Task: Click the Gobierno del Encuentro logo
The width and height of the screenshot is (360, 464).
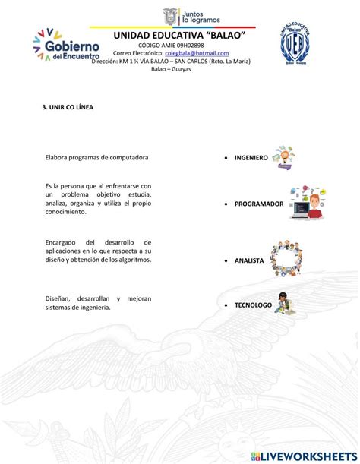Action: (x=67, y=46)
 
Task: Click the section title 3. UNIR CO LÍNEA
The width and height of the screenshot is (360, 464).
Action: (x=68, y=107)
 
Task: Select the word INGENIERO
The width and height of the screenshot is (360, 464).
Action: (x=251, y=158)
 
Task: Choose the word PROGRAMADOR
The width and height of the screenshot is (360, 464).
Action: (x=259, y=204)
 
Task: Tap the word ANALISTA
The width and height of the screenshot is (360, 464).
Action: (x=249, y=260)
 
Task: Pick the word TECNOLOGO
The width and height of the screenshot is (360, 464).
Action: (x=253, y=304)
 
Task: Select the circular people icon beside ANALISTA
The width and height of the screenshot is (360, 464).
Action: (x=287, y=260)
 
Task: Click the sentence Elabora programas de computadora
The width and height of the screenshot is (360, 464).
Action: (x=96, y=157)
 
